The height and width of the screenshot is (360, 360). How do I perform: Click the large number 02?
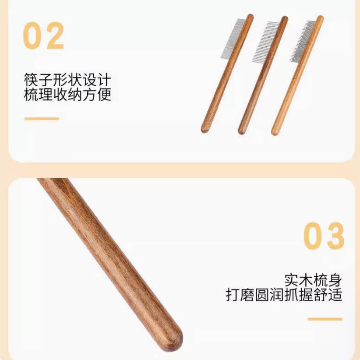44,35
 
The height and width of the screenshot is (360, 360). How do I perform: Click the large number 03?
324,236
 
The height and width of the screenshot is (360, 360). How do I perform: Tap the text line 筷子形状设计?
68,81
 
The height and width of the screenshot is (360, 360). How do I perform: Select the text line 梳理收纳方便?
68,95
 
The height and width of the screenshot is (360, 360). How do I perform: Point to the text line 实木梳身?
313,280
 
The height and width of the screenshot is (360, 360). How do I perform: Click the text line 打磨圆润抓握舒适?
284,295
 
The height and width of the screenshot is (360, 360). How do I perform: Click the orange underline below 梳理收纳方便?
42,118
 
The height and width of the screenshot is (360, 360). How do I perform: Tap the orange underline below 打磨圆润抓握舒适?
325,319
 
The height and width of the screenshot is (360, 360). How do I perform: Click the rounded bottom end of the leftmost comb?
205,129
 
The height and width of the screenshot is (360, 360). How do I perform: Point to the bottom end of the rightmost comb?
275,131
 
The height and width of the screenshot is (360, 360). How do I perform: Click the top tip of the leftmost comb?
250,17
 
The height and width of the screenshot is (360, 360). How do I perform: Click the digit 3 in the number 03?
335,236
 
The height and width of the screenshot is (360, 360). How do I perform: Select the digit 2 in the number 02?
55,35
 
